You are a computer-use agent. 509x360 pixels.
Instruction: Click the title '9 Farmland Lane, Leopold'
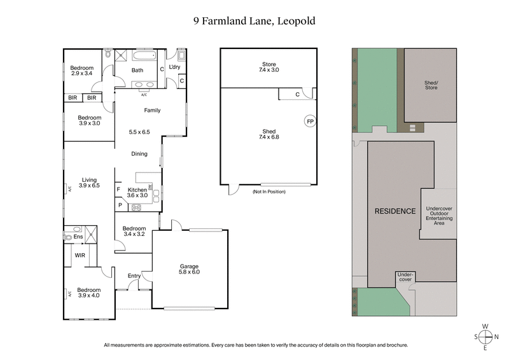click(x=254, y=21)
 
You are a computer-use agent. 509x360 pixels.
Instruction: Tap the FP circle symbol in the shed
click(x=310, y=121)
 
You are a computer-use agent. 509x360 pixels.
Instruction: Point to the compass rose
click(x=485, y=336)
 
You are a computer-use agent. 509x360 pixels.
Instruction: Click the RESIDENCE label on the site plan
click(x=394, y=211)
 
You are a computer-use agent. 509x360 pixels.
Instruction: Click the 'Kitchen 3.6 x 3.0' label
click(x=137, y=193)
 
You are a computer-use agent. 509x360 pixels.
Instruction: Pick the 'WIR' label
click(x=80, y=255)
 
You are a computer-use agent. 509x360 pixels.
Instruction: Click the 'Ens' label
click(x=79, y=237)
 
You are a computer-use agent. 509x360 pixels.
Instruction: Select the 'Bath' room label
click(x=137, y=71)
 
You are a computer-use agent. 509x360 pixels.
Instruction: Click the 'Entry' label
click(x=134, y=275)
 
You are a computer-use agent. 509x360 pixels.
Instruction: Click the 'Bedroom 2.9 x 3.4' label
click(x=81, y=71)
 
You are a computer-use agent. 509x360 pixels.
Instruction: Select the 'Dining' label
click(x=139, y=154)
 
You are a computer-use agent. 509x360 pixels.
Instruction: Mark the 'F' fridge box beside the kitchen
click(x=119, y=190)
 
